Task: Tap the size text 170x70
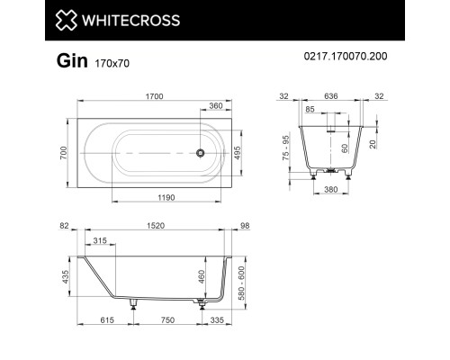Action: tap(109, 63)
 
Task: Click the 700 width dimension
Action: tap(64, 153)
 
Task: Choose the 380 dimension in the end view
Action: tap(331, 190)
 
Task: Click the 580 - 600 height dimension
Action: tap(238, 283)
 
